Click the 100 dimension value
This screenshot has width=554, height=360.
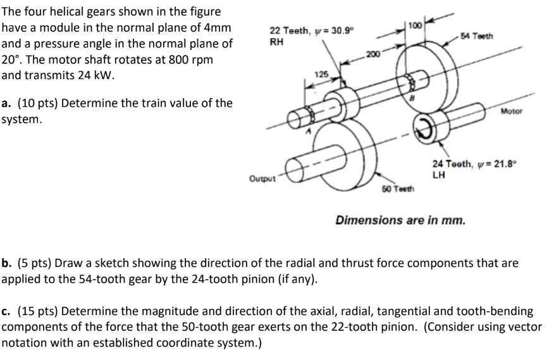pos(414,25)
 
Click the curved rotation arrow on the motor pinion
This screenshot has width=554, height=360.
pos(422,125)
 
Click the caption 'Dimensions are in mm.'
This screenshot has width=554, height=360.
pos(400,221)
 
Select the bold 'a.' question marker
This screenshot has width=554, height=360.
pos(8,102)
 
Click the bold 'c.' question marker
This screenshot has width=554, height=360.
pos(7,311)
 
